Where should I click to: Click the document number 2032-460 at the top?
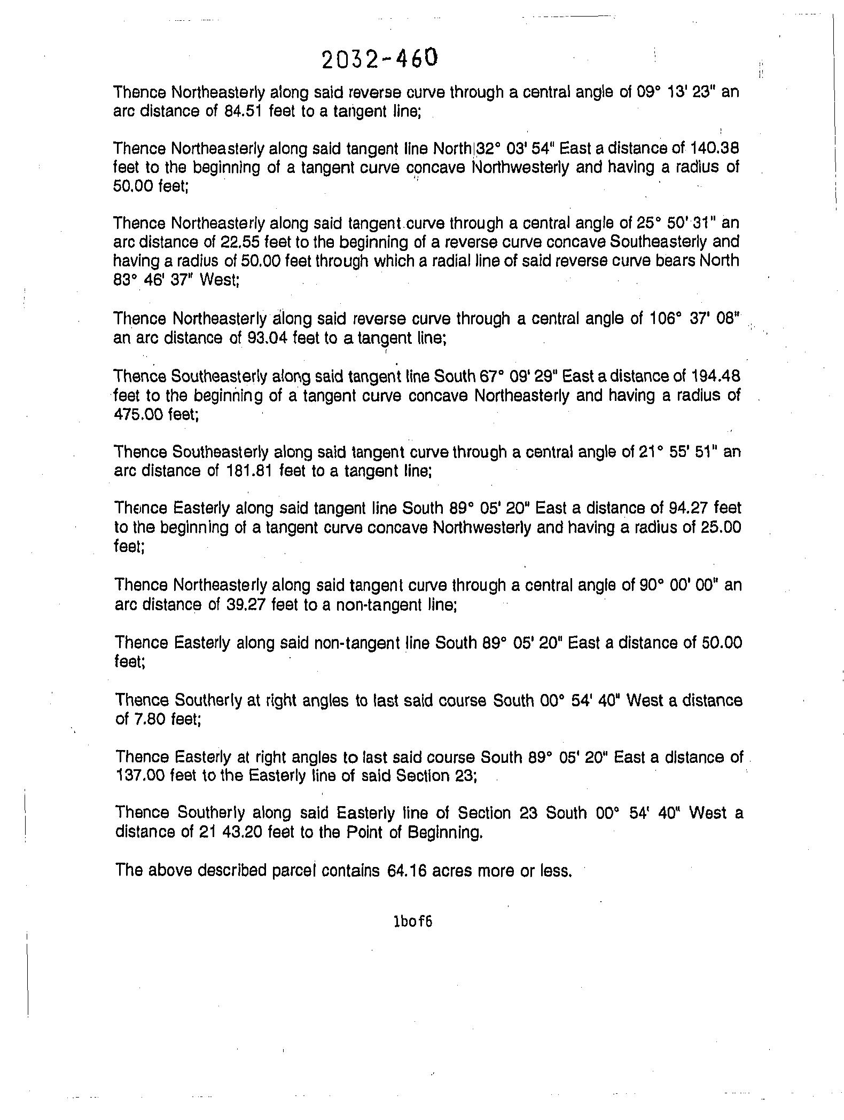click(x=380, y=58)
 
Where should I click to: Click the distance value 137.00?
click(x=140, y=775)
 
